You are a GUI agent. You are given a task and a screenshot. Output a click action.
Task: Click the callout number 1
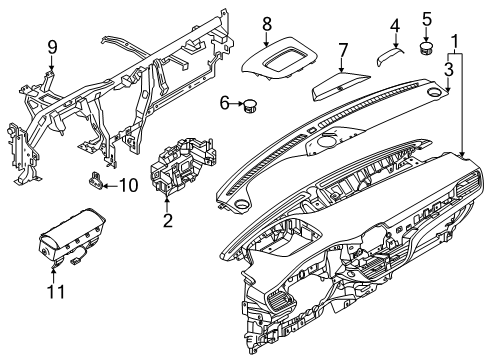[x=459, y=41]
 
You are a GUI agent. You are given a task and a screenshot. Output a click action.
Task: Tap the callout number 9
[x=53, y=45]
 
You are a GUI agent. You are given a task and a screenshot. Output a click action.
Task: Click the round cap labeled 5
[x=427, y=44]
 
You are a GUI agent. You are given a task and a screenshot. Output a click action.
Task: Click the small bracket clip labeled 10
[x=99, y=180]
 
